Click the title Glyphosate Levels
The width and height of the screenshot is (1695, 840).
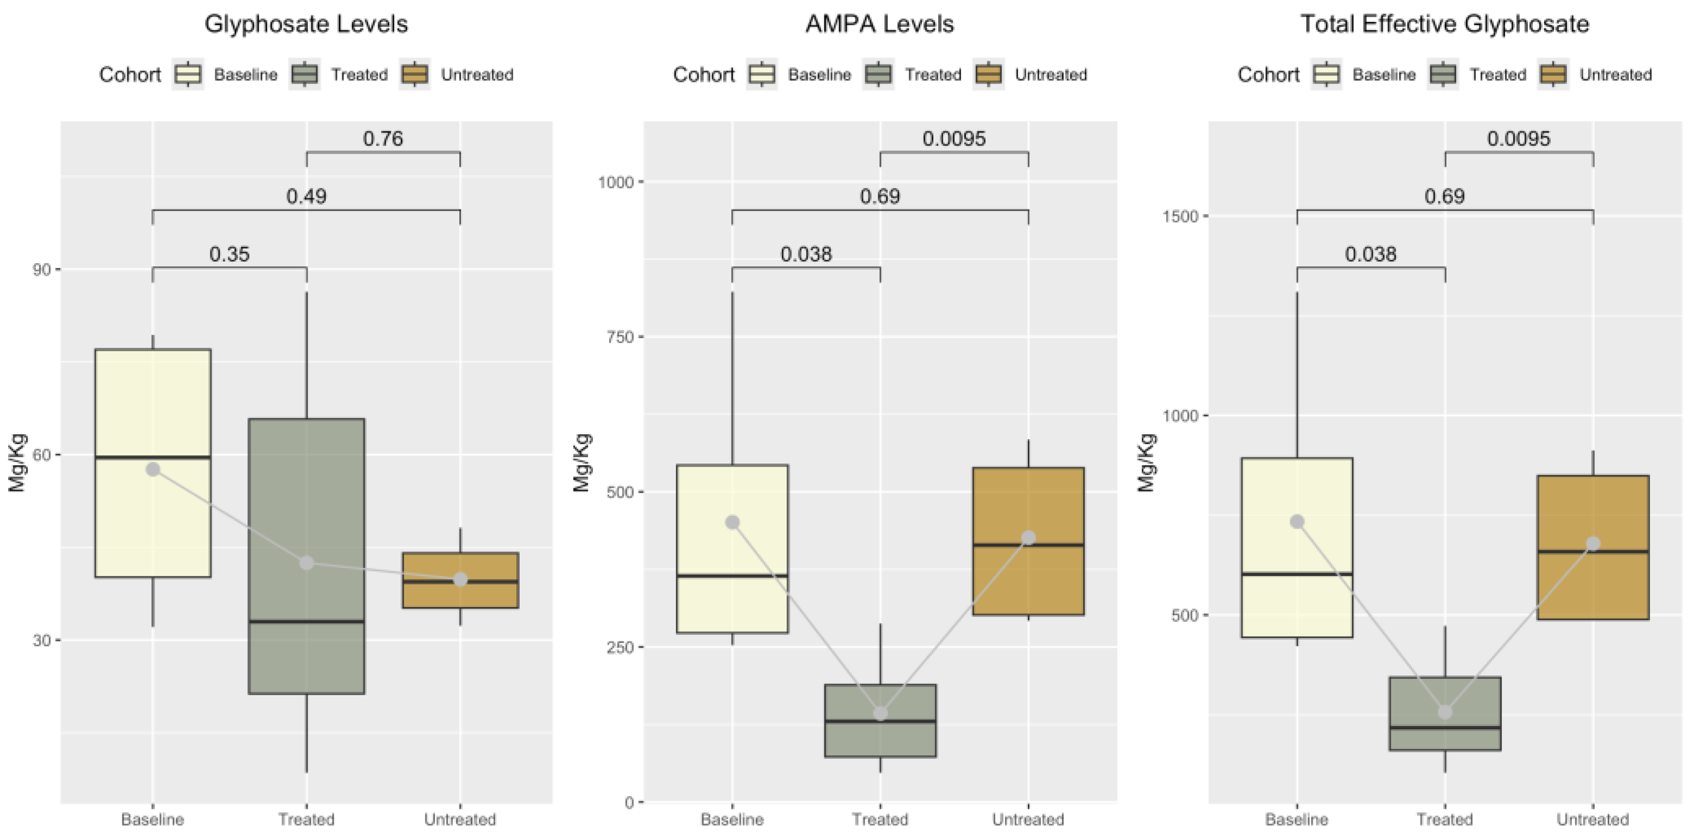click(x=306, y=24)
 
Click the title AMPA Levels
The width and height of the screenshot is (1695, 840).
click(x=880, y=24)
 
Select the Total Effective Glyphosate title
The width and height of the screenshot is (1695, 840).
click(x=1445, y=24)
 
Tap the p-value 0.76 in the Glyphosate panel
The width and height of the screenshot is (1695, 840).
click(x=383, y=139)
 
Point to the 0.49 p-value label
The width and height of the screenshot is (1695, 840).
click(x=306, y=196)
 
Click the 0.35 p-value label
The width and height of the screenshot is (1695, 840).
click(x=229, y=254)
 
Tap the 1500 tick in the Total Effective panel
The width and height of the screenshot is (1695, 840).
click(x=1181, y=216)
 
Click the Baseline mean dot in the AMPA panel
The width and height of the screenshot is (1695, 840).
click(x=732, y=522)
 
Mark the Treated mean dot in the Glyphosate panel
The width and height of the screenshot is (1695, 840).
click(x=306, y=563)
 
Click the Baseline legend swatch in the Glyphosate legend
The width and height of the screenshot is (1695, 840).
click(x=188, y=74)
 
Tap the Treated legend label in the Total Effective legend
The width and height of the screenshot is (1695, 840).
click(x=1498, y=75)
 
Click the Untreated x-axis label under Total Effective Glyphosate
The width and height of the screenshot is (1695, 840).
click(x=1592, y=819)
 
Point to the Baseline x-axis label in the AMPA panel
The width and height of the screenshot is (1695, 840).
click(x=732, y=819)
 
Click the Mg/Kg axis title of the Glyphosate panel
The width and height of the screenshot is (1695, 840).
click(x=17, y=463)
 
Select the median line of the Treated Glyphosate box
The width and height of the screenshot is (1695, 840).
click(x=306, y=621)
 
